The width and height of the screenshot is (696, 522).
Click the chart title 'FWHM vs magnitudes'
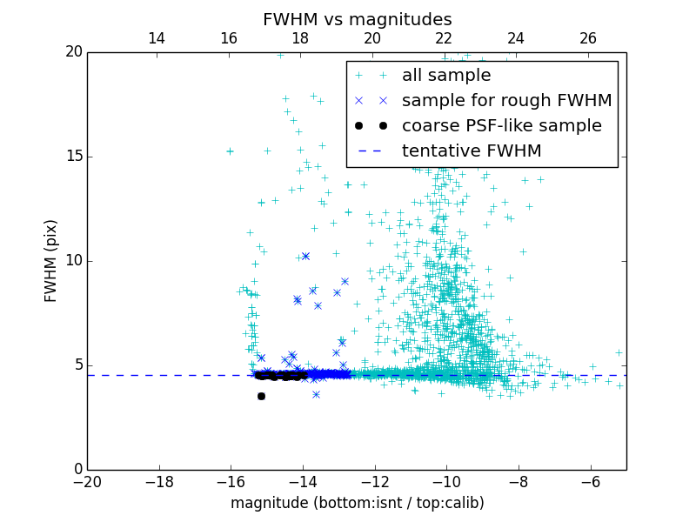[357, 19]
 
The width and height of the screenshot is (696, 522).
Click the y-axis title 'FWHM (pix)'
[51, 260]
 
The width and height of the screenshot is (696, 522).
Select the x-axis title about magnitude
[357, 503]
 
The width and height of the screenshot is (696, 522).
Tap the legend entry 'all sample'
[446, 76]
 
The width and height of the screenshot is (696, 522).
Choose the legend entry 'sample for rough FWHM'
[506, 101]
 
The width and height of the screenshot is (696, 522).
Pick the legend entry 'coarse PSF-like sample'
[501, 126]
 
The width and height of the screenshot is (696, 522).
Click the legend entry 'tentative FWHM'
[472, 151]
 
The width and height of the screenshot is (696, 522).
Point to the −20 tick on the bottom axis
[87, 480]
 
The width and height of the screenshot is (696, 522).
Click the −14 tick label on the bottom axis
[303, 480]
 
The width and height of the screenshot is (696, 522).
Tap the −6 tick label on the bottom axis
[591, 480]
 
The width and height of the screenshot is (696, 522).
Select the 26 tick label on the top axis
[588, 38]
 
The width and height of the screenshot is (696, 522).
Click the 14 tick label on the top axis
[157, 38]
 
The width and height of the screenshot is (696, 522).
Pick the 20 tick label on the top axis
[372, 38]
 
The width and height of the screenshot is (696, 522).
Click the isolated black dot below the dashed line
[261, 396]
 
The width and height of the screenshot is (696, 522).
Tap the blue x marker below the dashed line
[316, 394]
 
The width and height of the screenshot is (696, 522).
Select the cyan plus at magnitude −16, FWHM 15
[230, 151]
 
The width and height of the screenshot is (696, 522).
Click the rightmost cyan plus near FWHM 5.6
[619, 352]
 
